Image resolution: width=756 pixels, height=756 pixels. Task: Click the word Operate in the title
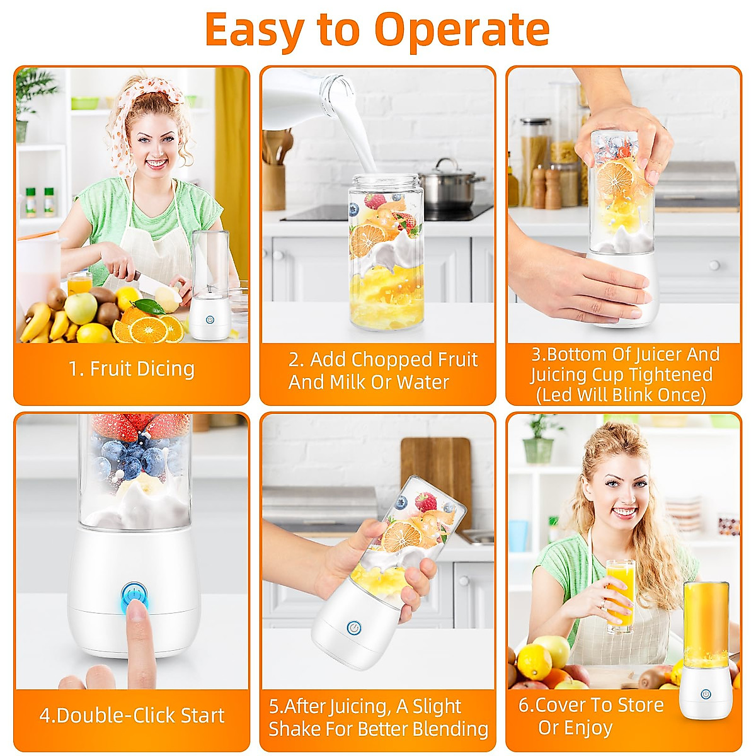(x=462, y=30)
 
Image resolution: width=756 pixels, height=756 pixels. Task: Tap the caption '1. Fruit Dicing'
(x=132, y=369)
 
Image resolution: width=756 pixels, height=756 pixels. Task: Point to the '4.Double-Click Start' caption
(x=132, y=715)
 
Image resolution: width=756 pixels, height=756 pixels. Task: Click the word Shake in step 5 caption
(x=294, y=729)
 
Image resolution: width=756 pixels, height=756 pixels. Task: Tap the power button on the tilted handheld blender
(x=354, y=628)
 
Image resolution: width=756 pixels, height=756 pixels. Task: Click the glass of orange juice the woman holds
(x=620, y=595)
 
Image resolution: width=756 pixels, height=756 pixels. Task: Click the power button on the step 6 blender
(x=706, y=694)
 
